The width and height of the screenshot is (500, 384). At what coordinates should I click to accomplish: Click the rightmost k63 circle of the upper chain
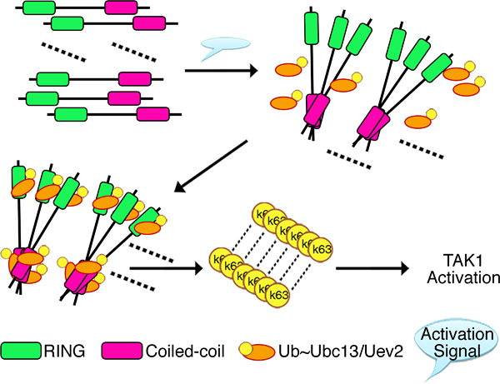322,248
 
